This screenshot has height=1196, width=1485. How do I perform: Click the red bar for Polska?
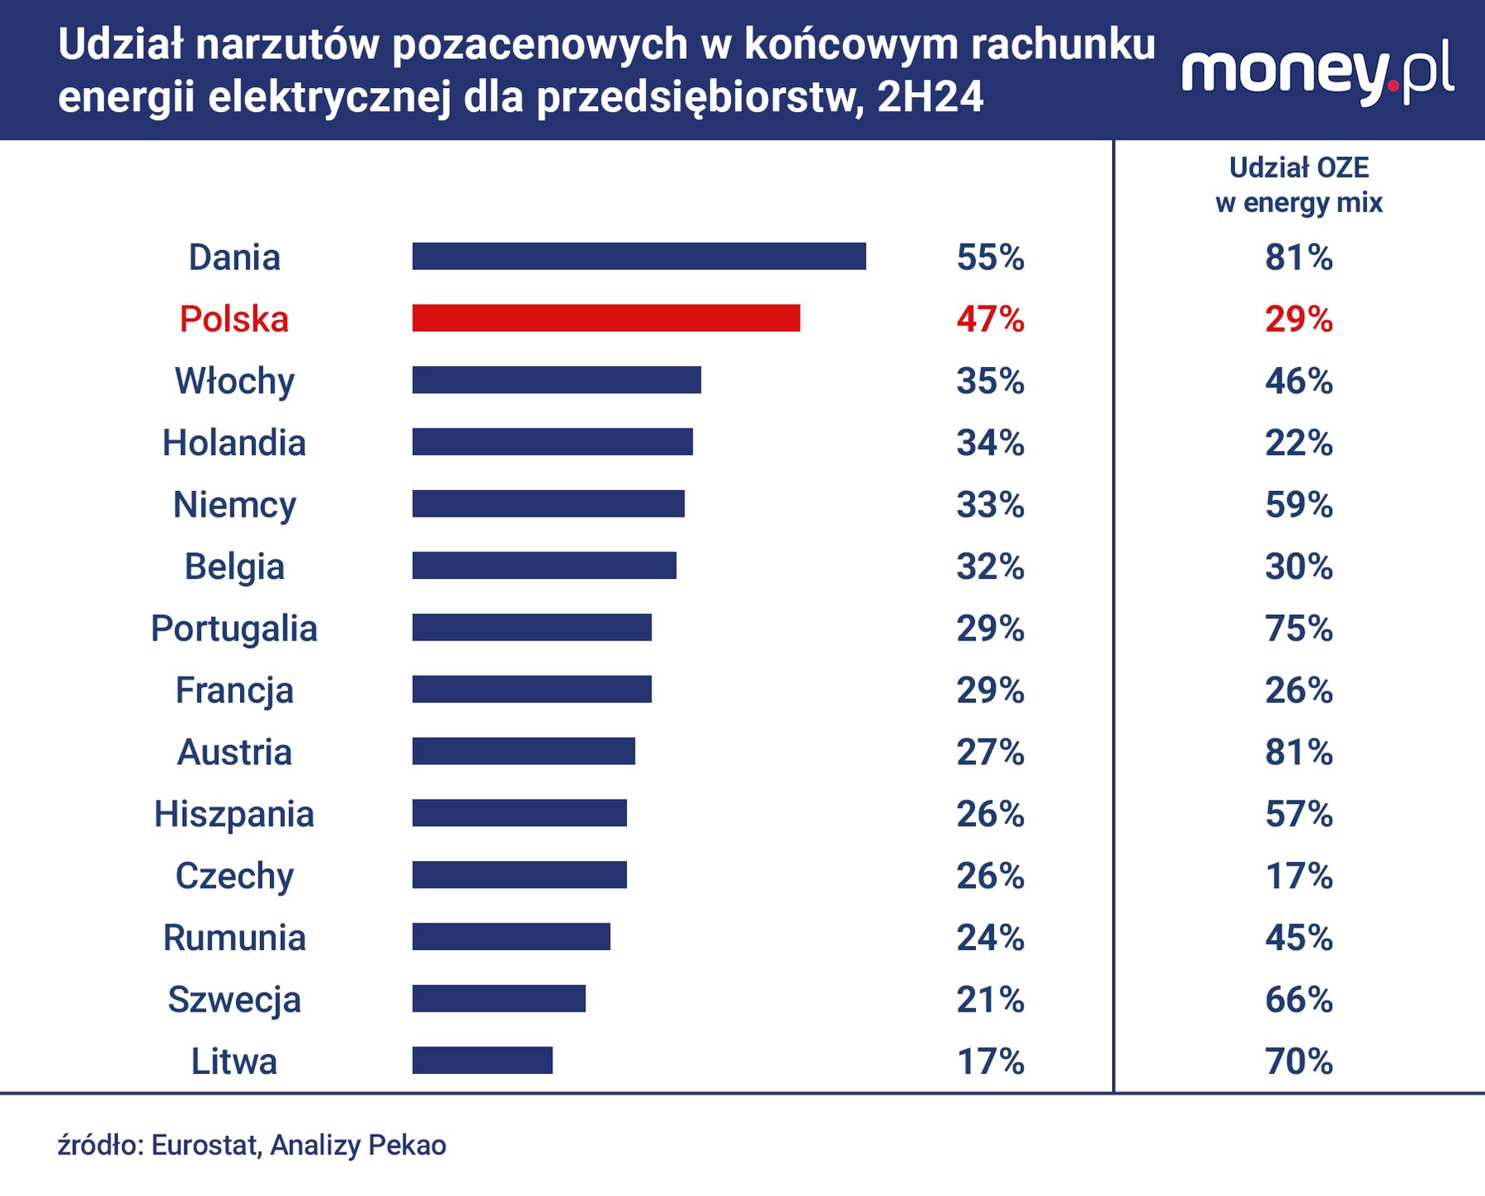click(605, 318)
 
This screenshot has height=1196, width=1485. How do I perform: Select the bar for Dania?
click(639, 257)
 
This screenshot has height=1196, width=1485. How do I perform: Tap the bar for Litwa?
click(482, 1061)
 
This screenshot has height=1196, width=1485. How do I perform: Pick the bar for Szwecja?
click(498, 998)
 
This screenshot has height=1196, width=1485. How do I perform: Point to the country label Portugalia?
click(234, 629)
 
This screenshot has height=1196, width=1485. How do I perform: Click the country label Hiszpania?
click(234, 814)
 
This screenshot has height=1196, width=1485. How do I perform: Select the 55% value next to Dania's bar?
click(990, 257)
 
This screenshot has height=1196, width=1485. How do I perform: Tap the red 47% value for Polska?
click(990, 319)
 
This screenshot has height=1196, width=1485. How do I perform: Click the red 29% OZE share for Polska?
click(1299, 319)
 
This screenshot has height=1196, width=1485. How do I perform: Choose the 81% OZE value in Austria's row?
click(1299, 752)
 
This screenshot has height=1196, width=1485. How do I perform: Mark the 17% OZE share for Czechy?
click(1299, 876)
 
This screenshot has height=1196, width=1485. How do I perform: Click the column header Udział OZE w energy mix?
click(1299, 185)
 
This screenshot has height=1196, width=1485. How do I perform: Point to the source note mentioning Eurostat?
click(252, 1145)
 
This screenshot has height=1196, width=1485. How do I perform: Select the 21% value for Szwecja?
click(990, 1000)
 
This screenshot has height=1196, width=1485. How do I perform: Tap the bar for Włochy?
click(556, 380)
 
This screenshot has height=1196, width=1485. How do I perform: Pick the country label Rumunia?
click(234, 938)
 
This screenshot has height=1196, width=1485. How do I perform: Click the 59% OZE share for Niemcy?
click(1299, 505)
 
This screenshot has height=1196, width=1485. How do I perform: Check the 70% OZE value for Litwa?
click(1299, 1061)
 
